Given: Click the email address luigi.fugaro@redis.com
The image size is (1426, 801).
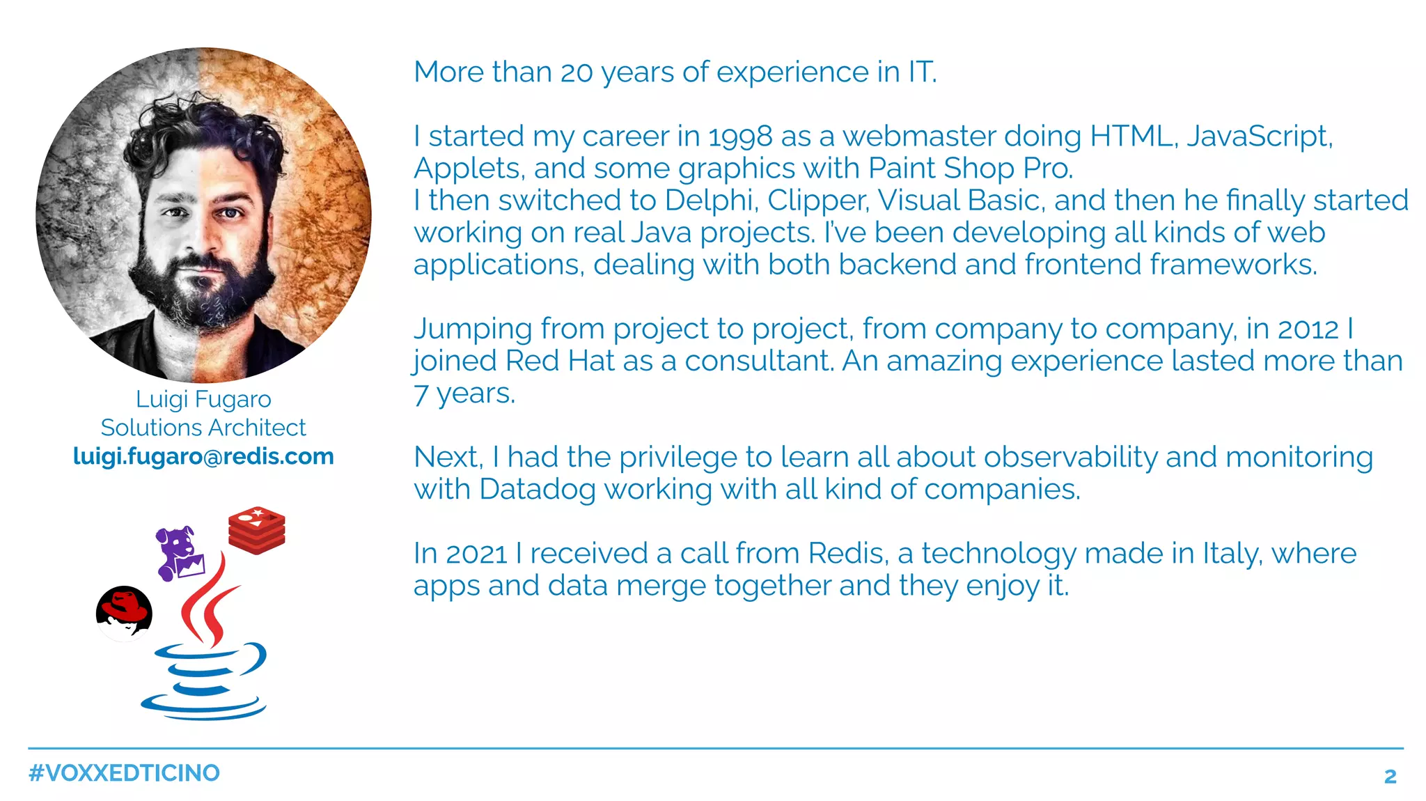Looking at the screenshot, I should point(203,457).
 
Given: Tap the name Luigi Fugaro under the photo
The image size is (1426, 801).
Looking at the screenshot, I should point(203,400).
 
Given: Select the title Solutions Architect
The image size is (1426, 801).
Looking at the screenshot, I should point(203,428).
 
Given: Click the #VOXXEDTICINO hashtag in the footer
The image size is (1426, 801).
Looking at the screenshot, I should point(124,773).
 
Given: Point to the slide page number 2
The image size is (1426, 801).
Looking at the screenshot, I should point(1390,776).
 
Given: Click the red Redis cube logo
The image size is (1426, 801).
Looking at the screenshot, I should point(257,531).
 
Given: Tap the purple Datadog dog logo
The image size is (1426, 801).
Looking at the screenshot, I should point(179,553).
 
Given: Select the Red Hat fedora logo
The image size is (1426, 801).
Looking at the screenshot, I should point(124,612).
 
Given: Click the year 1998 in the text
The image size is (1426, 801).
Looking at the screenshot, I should point(740,137).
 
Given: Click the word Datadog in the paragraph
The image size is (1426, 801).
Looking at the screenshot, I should point(537,489).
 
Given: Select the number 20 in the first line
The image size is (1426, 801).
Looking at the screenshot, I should point(577,72).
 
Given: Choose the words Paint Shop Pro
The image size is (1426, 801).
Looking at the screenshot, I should point(971,169).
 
